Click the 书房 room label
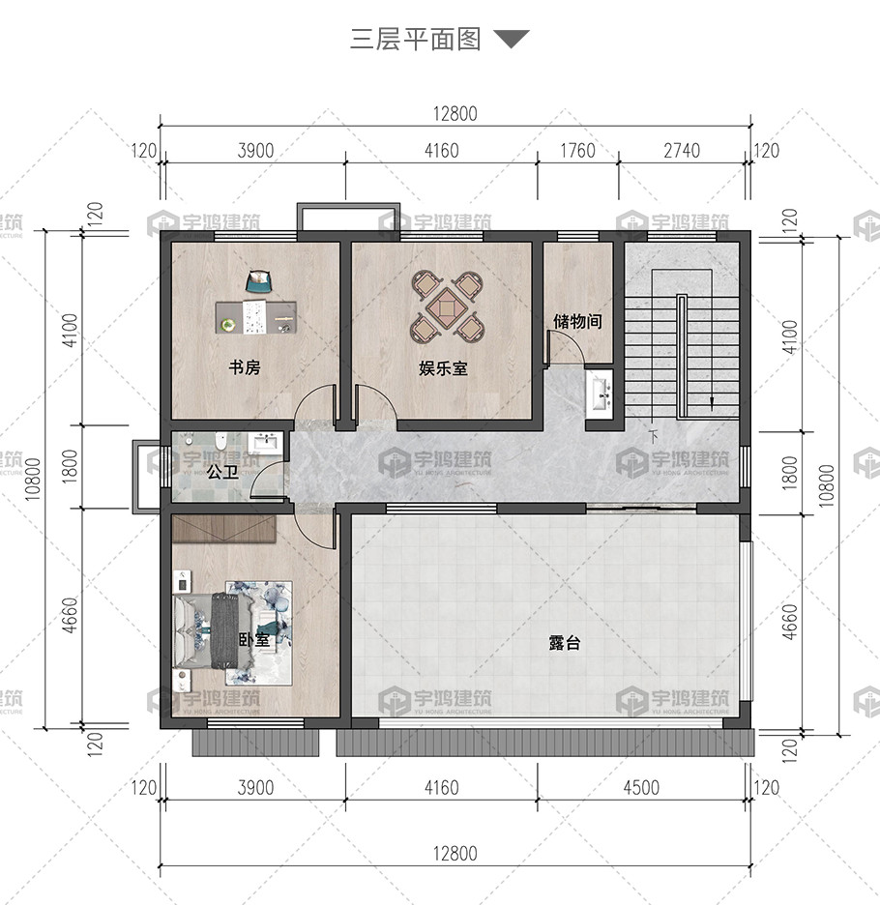[245, 367]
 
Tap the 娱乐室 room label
[443, 368]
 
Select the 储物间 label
[577, 321]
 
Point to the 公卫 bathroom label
[222, 472]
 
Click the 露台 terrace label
[564, 642]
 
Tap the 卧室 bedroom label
[254, 639]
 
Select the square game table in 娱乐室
[447, 306]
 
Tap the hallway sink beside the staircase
[601, 393]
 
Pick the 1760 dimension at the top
[577, 151]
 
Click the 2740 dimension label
[682, 151]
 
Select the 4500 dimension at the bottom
[641, 788]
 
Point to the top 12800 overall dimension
[455, 114]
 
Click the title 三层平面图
[415, 40]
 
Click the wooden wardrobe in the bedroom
[223, 529]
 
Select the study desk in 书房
[256, 317]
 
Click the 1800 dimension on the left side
[69, 466]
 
